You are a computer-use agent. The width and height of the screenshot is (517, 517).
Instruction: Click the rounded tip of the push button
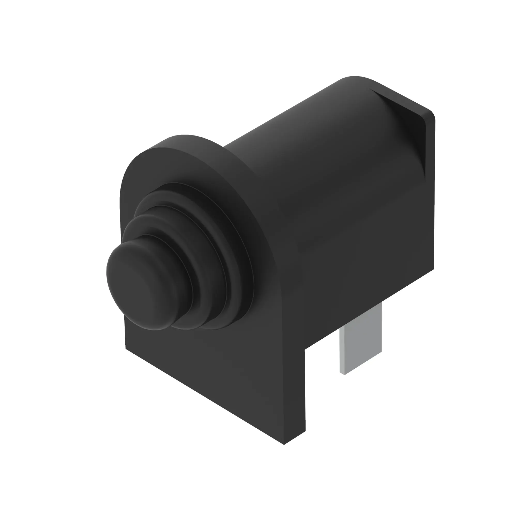coord(139,284)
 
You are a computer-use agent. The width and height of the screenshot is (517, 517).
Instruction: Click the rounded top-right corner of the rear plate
coord(431,114)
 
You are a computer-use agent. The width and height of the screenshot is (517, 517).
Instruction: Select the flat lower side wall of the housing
coord(361,268)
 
